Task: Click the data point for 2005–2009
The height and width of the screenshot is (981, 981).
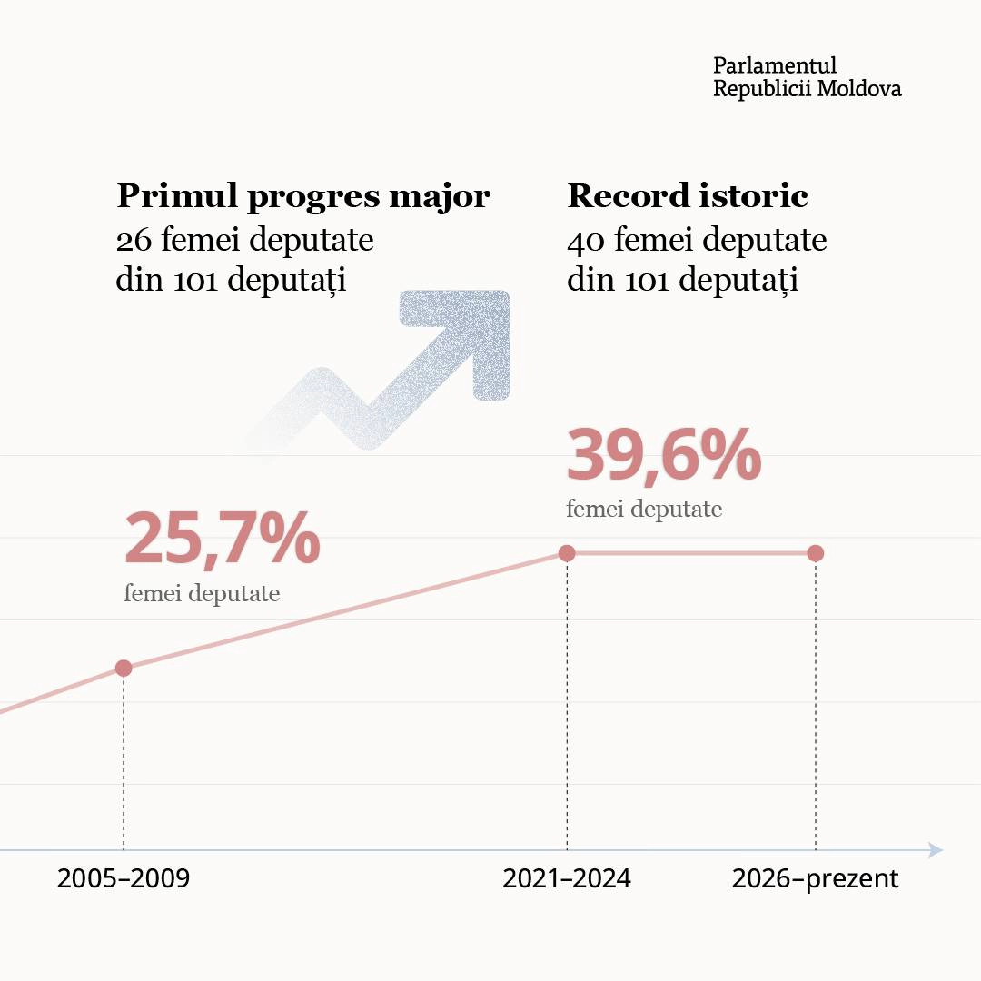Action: click(x=124, y=668)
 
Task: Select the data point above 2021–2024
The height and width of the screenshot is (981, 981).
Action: click(x=567, y=553)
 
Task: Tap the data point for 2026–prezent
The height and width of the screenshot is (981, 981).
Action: click(x=815, y=553)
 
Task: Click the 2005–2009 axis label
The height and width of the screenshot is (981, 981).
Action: click(x=124, y=879)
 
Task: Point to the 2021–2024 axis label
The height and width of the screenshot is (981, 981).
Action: click(x=567, y=879)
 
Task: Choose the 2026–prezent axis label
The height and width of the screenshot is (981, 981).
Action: click(x=815, y=879)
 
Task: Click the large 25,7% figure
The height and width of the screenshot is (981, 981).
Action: click(x=222, y=540)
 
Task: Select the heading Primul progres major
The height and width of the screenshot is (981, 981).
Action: click(x=303, y=196)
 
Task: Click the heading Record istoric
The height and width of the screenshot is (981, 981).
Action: click(x=688, y=196)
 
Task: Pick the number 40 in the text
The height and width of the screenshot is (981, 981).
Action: click(x=585, y=241)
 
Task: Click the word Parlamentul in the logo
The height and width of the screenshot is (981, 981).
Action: click(x=775, y=65)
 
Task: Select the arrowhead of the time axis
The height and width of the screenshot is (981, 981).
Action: click(x=936, y=850)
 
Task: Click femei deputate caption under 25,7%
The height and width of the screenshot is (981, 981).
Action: click(x=202, y=594)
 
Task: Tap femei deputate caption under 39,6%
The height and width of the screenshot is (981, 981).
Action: click(x=644, y=509)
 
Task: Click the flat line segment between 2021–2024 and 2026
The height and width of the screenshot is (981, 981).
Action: click(x=690, y=553)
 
